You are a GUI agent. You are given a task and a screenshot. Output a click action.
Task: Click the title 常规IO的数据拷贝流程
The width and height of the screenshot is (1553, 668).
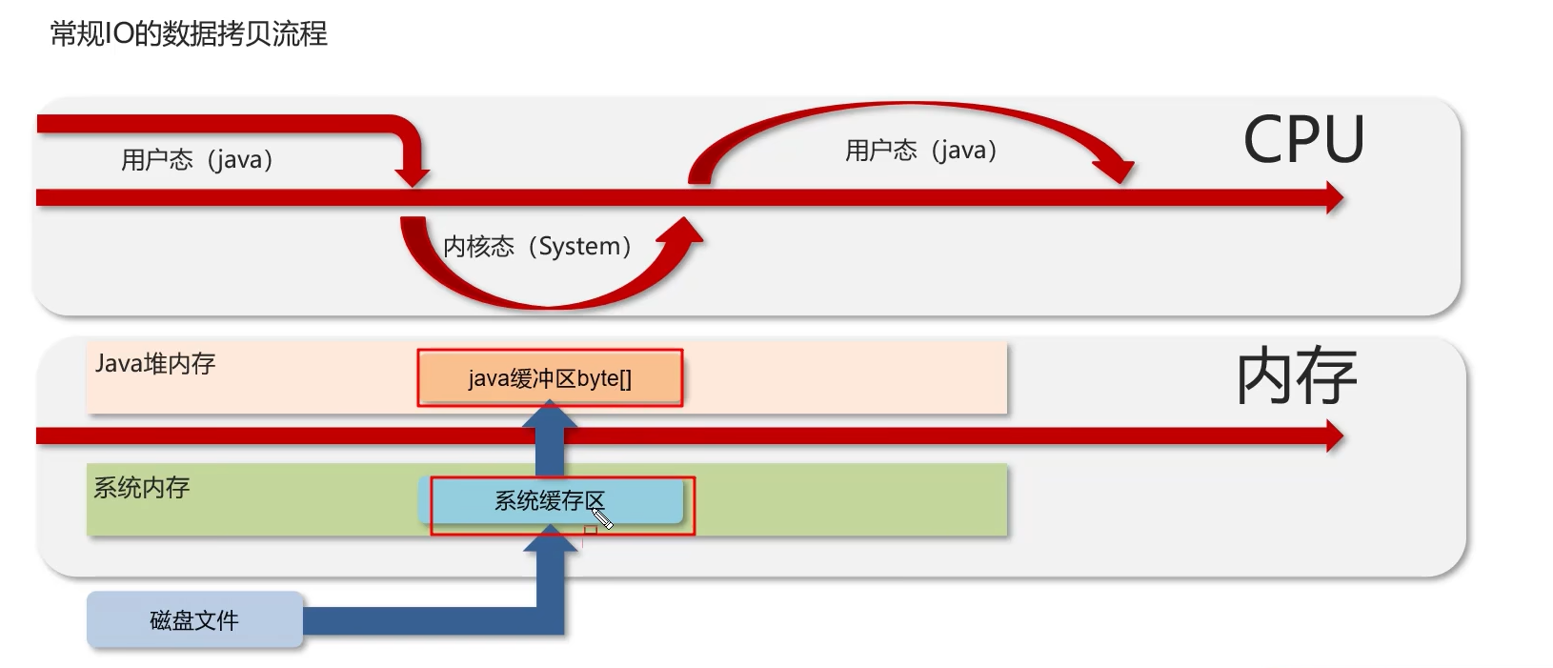(x=189, y=34)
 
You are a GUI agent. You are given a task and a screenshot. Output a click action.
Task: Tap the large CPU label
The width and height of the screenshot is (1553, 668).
(x=1303, y=139)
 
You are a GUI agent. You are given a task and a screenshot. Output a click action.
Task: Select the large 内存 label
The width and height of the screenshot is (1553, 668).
(x=1296, y=376)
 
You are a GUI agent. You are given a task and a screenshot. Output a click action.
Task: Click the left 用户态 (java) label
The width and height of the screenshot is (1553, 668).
(x=197, y=159)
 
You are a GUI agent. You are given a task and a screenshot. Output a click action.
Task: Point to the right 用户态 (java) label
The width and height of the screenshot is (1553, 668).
(x=921, y=150)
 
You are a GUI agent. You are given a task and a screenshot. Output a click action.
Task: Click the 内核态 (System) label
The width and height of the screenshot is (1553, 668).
(x=537, y=246)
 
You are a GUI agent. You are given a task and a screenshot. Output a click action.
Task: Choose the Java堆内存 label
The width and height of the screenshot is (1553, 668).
(x=155, y=363)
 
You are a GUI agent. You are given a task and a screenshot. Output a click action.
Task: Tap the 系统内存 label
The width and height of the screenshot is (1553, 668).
(x=142, y=487)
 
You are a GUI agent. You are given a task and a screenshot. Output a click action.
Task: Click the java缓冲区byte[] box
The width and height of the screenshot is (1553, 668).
(x=550, y=378)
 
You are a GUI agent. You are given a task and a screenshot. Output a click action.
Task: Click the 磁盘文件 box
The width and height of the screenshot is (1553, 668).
(x=194, y=619)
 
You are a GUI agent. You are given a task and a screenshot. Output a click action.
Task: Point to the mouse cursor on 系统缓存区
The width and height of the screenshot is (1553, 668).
(x=600, y=517)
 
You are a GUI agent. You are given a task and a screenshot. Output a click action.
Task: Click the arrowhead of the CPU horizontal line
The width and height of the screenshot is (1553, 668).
(x=1333, y=198)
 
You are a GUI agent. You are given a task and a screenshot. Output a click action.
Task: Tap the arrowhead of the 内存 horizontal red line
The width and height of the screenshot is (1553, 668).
(x=1333, y=436)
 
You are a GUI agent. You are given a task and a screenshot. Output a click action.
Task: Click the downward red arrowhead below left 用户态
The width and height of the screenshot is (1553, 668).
(x=412, y=177)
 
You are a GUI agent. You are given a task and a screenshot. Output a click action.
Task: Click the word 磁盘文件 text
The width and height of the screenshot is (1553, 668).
(x=194, y=619)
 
